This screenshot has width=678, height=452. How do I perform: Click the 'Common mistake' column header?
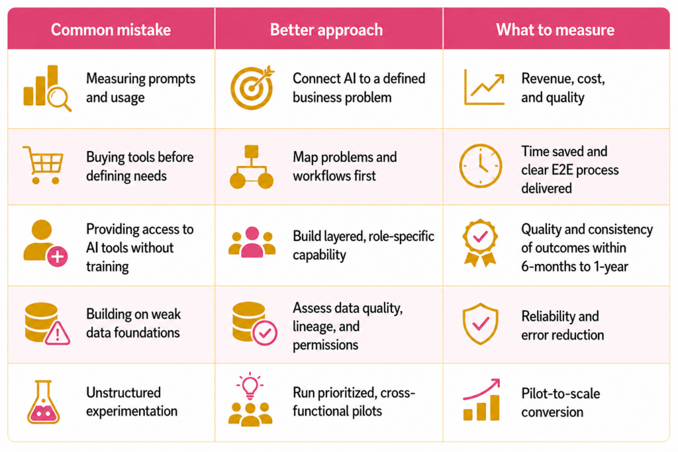(111, 30)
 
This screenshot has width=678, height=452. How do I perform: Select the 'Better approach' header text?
(326, 30)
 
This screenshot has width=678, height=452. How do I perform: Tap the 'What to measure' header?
(556, 30)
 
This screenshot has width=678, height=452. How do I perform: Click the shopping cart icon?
(43, 165)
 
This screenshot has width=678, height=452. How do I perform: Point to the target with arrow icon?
(252, 88)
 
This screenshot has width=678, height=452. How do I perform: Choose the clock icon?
(481, 166)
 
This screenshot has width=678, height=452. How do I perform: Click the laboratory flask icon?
(43, 402)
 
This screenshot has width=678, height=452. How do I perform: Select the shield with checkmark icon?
(481, 324)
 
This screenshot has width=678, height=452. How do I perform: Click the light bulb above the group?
(250, 385)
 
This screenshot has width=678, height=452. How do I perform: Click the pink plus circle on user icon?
(57, 257)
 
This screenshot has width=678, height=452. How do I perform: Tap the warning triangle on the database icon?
(57, 333)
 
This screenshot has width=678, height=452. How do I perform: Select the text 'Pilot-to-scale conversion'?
(560, 403)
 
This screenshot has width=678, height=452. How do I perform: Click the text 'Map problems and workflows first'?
(344, 166)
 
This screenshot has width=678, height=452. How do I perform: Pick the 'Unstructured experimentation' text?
(132, 402)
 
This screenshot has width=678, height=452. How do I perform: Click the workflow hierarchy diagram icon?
(252, 167)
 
